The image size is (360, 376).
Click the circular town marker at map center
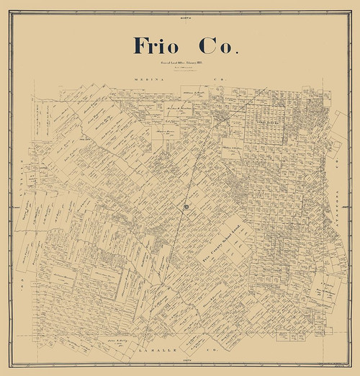(186, 208)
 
